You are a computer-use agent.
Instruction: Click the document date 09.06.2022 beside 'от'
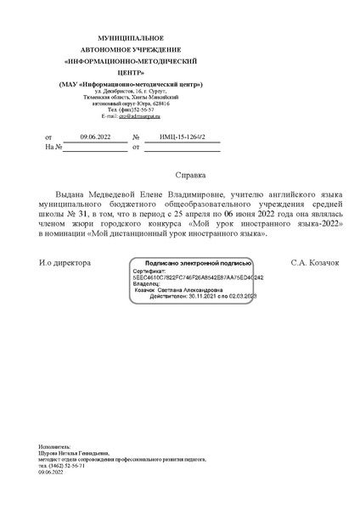(95, 137)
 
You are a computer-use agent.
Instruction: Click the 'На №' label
(53, 147)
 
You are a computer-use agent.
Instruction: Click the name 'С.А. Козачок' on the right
(314, 263)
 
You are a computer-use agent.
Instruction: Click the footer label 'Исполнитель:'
(55, 445)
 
